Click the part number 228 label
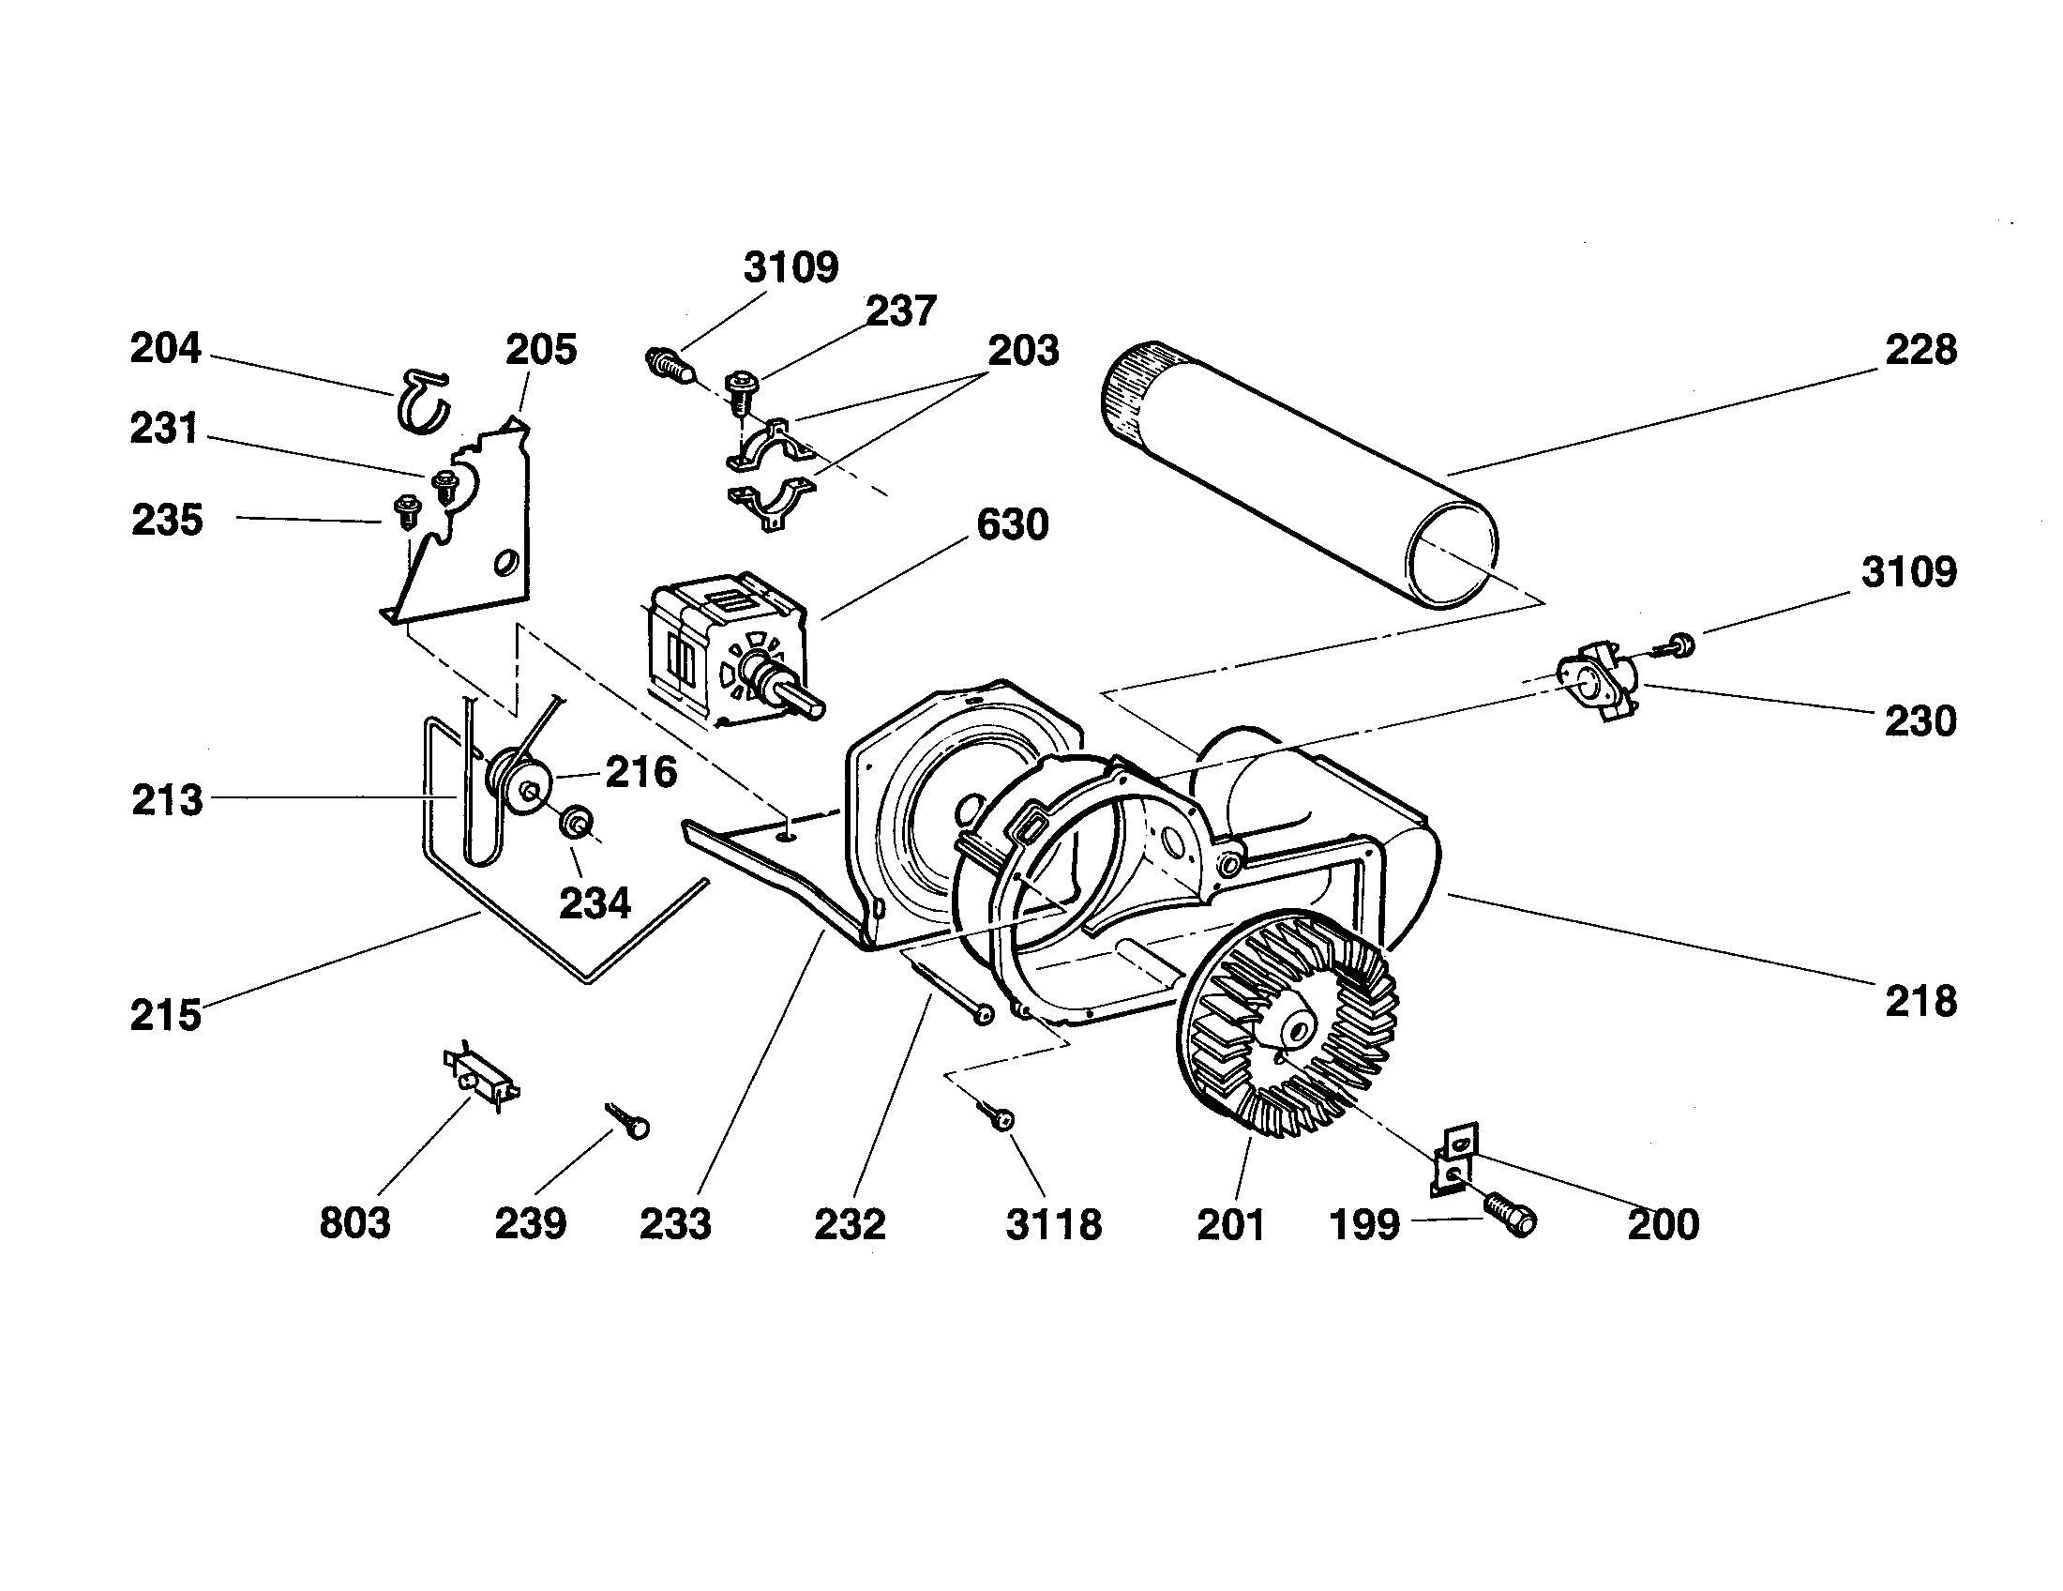pos(1920,351)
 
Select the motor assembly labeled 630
pos(728,651)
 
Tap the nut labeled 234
pos(575,824)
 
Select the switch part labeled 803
pos(482,1076)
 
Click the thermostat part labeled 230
pos(1595,679)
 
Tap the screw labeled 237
pos(741,387)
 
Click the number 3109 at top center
pos(791,268)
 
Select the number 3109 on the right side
pos(1909,572)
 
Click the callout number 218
pos(1920,1002)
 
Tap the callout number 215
pos(166,1015)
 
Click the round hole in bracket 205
pos(505,563)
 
